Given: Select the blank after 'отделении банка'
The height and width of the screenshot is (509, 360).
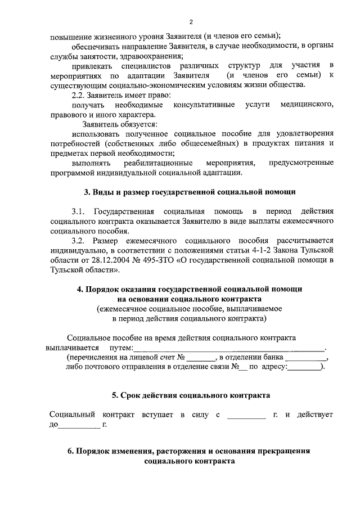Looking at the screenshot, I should [x=305, y=358].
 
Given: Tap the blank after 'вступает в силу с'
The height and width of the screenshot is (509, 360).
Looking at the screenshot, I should [x=246, y=415].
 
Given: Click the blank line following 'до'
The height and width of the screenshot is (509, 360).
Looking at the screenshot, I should [x=79, y=425].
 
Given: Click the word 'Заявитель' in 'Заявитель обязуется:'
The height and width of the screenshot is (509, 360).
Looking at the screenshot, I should [x=100, y=124].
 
